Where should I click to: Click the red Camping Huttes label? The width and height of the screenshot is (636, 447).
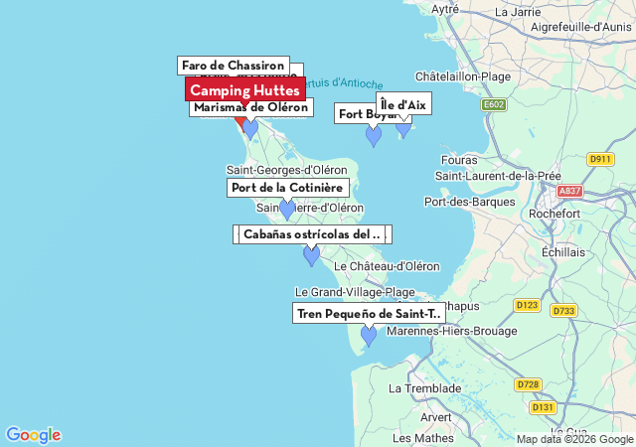point(244,90)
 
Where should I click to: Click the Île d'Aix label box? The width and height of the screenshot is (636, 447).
point(403,104)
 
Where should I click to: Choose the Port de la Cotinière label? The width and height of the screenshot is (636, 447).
point(287,188)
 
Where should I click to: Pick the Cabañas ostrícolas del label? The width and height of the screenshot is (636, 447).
point(312,234)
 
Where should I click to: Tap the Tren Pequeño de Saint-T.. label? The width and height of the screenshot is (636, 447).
point(369,314)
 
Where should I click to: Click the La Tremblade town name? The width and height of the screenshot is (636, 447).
point(425,388)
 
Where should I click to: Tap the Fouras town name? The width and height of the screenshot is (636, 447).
point(458,159)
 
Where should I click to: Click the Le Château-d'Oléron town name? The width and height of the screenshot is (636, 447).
point(387,266)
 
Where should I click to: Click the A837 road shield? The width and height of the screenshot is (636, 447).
point(570,191)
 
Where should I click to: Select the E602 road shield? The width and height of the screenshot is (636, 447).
point(494,104)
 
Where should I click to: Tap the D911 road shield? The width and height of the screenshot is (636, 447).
point(600,159)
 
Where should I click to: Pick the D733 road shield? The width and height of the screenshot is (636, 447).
point(563,310)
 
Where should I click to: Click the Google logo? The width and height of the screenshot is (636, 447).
point(33,435)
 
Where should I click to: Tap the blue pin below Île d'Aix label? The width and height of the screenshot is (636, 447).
point(403,126)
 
